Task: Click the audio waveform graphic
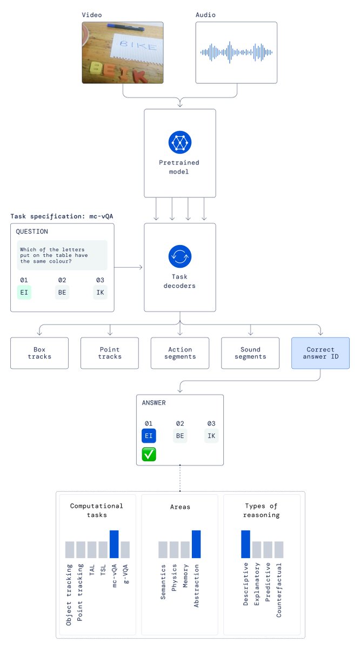[236, 52]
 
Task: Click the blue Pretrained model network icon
[180, 142]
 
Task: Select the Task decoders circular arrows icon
[180, 256]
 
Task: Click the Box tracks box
[39, 353]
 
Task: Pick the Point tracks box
[110, 353]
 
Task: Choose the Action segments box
[180, 353]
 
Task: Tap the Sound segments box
[250, 353]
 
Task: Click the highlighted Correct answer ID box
[321, 353]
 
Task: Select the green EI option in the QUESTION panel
[24, 293]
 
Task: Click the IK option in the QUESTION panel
[100, 293]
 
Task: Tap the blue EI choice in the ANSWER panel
[149, 436]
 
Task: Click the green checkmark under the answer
[149, 455]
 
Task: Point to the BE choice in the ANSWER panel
[180, 436]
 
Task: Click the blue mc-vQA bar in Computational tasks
[114, 544]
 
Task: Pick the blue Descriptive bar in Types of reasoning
[246, 544]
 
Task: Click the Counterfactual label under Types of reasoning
[279, 590]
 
